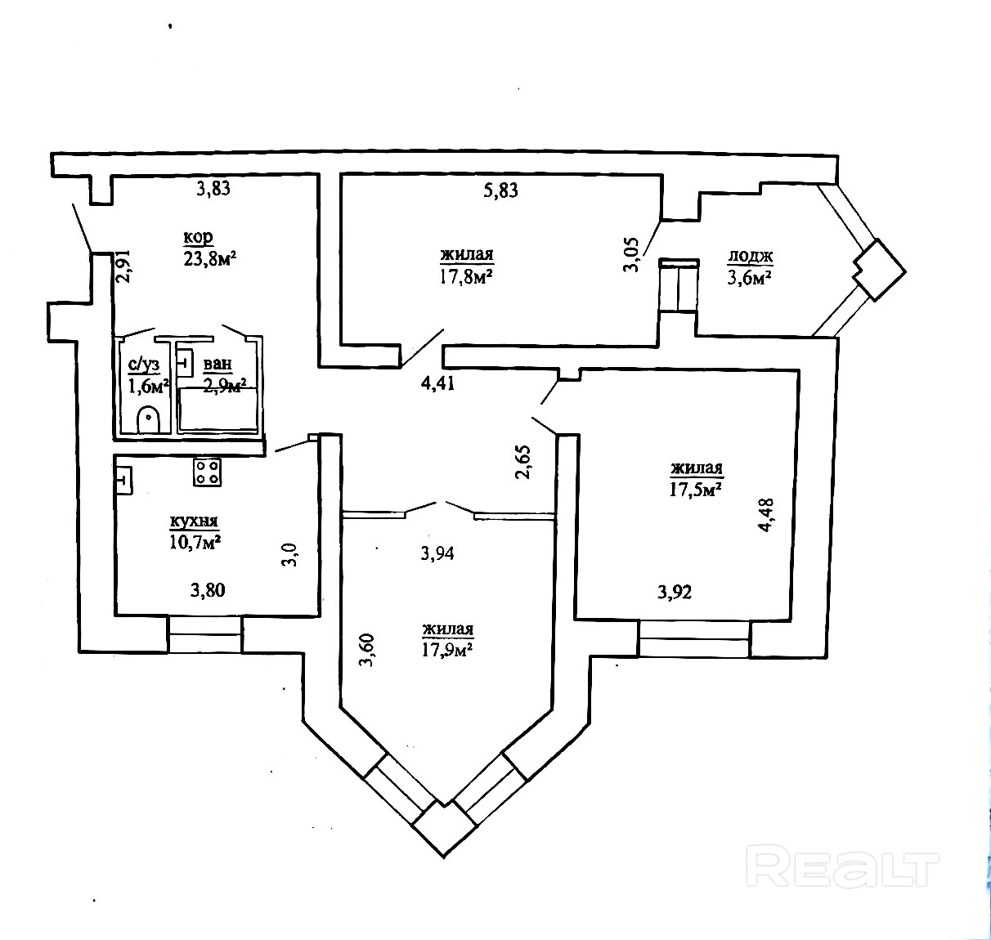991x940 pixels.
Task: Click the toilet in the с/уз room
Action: pos(148,418)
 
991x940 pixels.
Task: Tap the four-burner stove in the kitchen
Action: pos(207,472)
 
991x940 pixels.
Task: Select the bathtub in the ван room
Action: pos(219,410)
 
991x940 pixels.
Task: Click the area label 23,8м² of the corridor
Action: pos(210,258)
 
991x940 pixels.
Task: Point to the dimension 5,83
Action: pos(501,190)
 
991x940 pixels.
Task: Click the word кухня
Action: pos(194,521)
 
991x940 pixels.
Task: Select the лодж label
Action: pos(751,257)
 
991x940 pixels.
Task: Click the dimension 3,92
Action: pos(675,592)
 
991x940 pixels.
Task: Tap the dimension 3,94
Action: pos(437,553)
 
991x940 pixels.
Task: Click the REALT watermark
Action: pos(844,868)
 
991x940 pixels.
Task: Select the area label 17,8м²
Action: pos(467,276)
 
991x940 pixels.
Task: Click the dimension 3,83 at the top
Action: pos(214,189)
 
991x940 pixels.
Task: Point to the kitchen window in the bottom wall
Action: pos(205,634)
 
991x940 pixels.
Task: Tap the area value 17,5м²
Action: pos(696,488)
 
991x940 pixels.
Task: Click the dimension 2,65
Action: pos(524,462)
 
